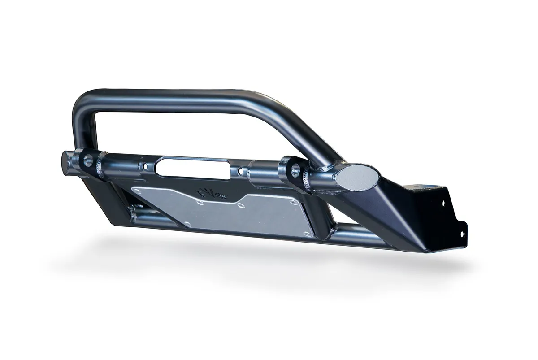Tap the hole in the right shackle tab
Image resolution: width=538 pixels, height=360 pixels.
point(295,171)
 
